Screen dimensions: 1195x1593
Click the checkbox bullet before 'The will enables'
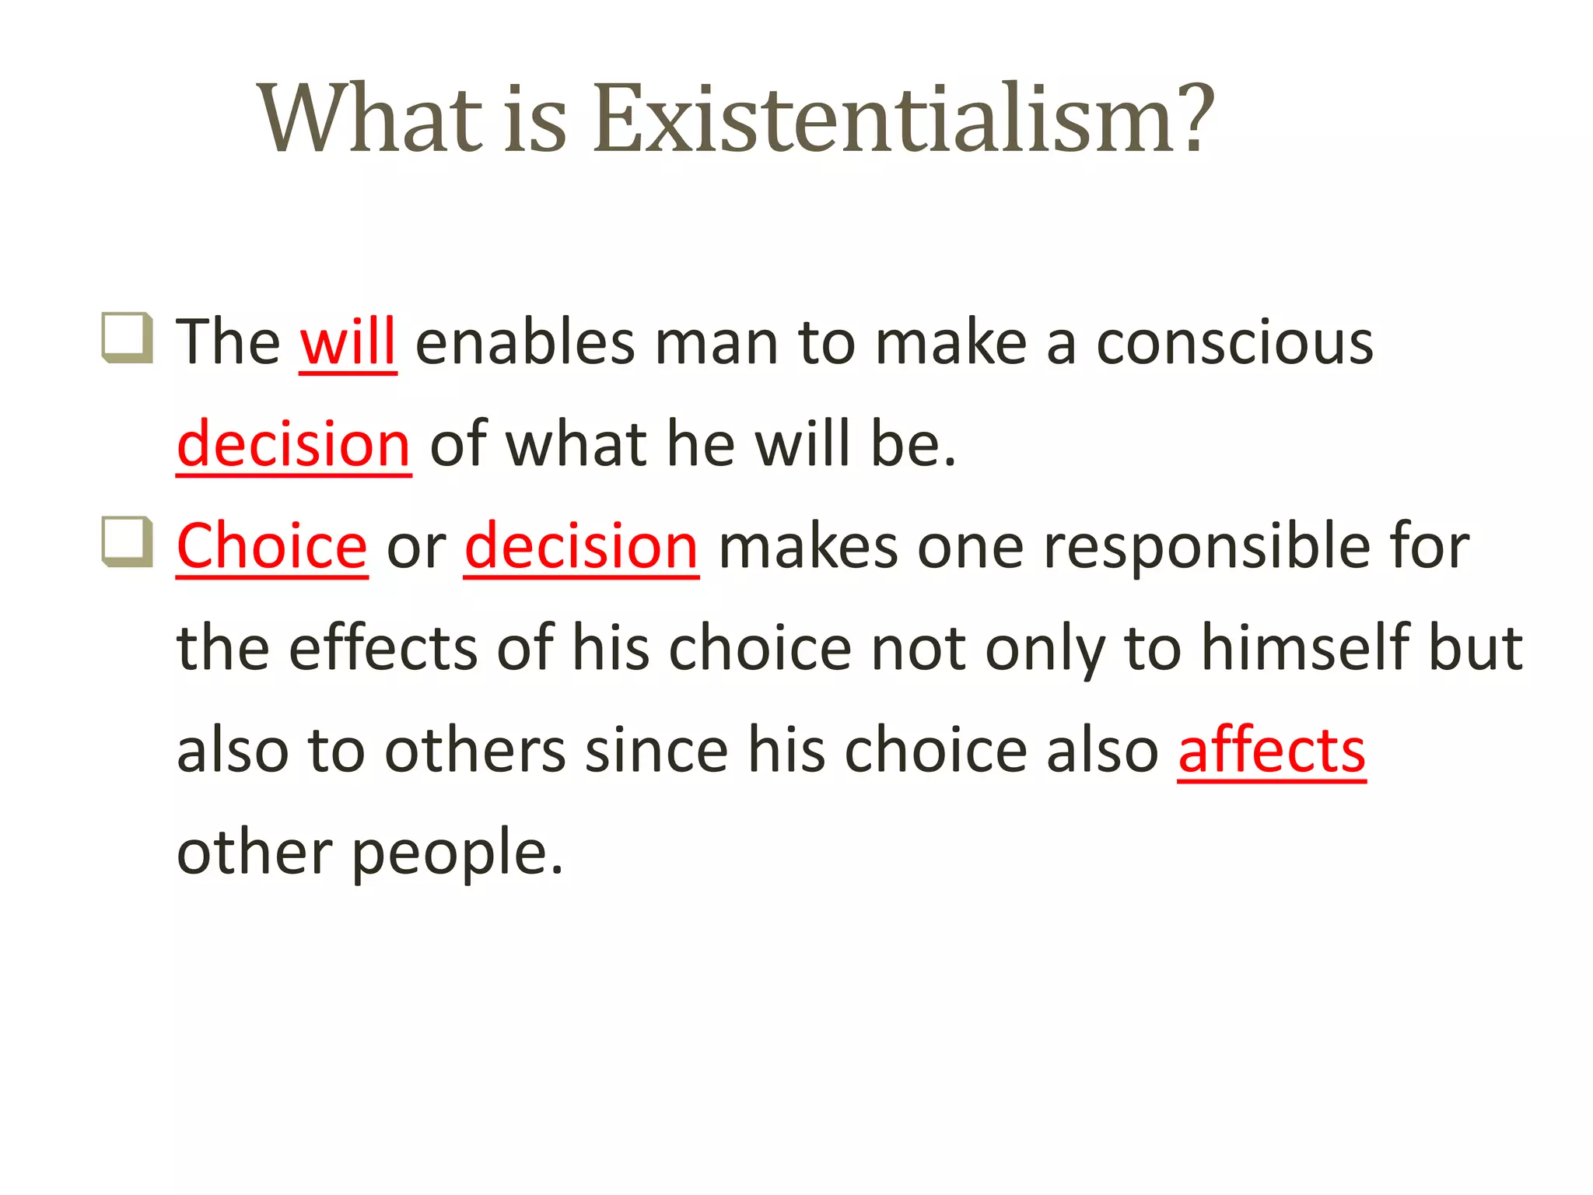pyautogui.click(x=126, y=337)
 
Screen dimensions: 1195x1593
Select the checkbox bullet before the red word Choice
pyautogui.click(x=126, y=541)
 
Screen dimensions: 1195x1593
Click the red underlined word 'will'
pyautogui.click(x=348, y=342)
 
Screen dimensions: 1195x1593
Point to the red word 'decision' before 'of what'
pyautogui.click(x=293, y=443)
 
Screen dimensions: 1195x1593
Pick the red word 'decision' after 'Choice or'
pyautogui.click(x=581, y=546)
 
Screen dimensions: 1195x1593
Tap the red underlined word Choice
pyautogui.click(x=271, y=546)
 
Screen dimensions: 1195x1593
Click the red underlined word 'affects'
pyautogui.click(x=1271, y=750)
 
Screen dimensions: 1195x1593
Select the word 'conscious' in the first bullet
pyautogui.click(x=1234, y=343)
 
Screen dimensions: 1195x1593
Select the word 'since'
pyautogui.click(x=656, y=750)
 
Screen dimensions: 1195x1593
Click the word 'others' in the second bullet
pyautogui.click(x=475, y=750)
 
